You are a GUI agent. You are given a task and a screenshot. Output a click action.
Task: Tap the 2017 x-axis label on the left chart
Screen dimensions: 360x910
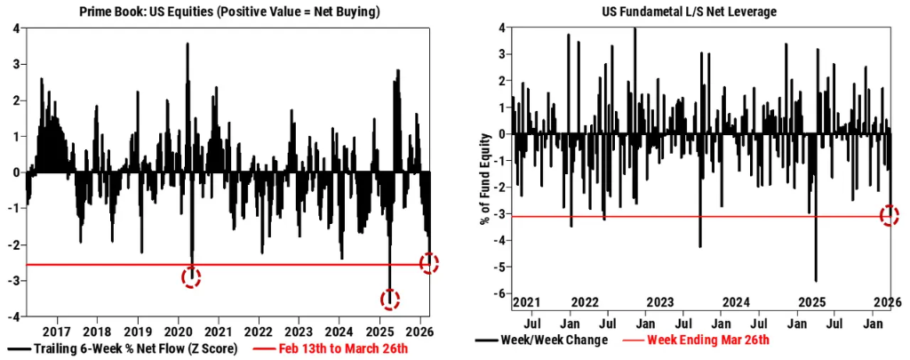point(56,331)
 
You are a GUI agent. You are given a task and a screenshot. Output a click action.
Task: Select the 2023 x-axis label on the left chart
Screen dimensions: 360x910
point(299,331)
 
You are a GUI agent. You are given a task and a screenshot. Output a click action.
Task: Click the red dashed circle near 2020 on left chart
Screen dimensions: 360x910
point(191,277)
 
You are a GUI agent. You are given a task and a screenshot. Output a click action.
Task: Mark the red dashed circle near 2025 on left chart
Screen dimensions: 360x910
point(390,300)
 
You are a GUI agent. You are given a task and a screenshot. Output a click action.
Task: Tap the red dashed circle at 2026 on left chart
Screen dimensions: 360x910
point(429,262)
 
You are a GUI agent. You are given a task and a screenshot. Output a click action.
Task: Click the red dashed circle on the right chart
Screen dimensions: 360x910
point(890,215)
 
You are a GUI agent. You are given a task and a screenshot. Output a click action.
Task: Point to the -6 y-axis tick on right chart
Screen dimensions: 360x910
point(501,294)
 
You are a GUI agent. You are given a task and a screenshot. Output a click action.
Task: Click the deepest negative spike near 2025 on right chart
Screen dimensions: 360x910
point(816,280)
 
